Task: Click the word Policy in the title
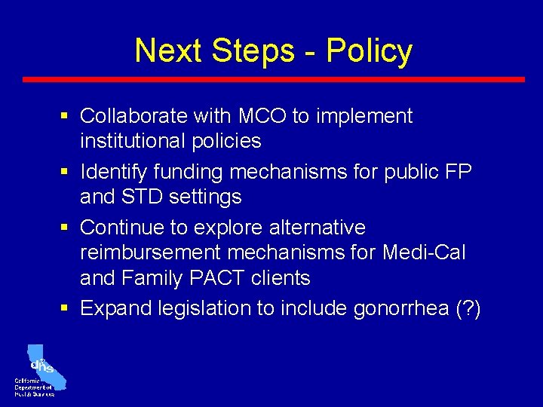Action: coord(369,51)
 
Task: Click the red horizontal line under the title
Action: coord(273,79)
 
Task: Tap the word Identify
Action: coord(117,172)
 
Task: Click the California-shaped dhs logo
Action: coord(44,365)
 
